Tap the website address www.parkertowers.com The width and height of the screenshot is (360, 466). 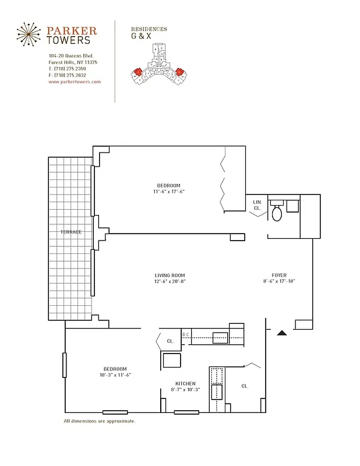tap(75, 82)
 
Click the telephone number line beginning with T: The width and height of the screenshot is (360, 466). tap(67, 69)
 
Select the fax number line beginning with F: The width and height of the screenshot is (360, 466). tap(67, 75)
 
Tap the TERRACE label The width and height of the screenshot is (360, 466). tap(70, 232)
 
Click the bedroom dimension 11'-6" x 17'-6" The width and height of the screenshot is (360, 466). tap(169, 192)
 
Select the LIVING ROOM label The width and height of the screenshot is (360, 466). tap(170, 276)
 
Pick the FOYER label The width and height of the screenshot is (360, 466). tap(279, 276)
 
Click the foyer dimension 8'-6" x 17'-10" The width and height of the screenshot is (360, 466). tap(279, 282)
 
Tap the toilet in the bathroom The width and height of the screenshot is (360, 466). tap(277, 213)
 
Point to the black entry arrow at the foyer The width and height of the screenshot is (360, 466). tap(281, 333)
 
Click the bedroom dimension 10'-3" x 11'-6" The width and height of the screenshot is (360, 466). tap(115, 375)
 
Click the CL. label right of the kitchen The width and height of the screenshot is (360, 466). tap(245, 386)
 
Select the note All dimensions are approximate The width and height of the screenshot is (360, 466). tap(99, 421)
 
